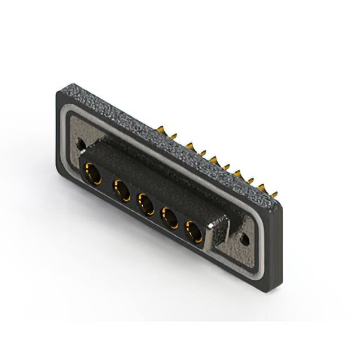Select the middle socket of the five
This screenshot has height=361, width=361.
pos(145,204)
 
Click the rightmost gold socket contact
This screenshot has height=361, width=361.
pos(193,231)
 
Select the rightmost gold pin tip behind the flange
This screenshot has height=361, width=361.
pos(274,193)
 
